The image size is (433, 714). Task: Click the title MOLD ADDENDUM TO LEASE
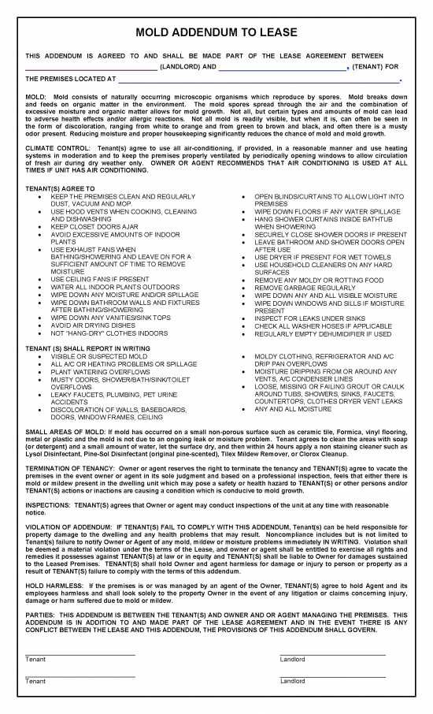pos(216,32)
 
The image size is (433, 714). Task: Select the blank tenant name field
pos(281,69)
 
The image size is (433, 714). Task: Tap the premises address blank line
pos(259,80)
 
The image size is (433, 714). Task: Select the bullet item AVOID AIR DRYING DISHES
pos(93,325)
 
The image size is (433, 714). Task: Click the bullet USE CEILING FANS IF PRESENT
pos(100,279)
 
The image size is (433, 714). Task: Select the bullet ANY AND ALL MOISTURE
pos(293,409)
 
